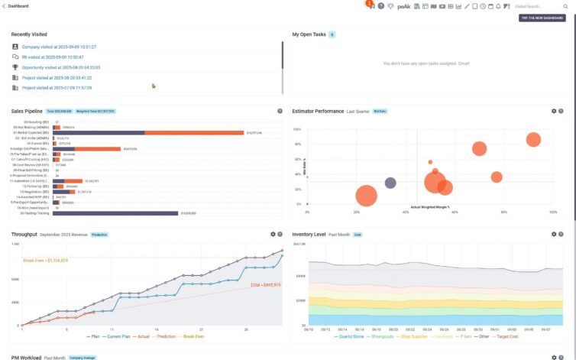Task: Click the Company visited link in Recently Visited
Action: [58, 47]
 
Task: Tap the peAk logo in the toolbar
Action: [404, 6]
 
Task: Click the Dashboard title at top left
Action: [18, 6]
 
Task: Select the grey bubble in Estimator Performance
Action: [390, 183]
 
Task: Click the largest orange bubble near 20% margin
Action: [367, 196]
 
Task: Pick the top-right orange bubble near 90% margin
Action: [533, 139]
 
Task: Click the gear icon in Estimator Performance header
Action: [553, 111]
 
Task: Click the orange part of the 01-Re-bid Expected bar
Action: [194, 132]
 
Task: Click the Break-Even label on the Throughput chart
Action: [47, 261]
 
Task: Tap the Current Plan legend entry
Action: [119, 336]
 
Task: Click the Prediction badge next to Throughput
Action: [99, 235]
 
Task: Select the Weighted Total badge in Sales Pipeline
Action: [95, 111]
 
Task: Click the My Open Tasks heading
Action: [308, 34]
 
